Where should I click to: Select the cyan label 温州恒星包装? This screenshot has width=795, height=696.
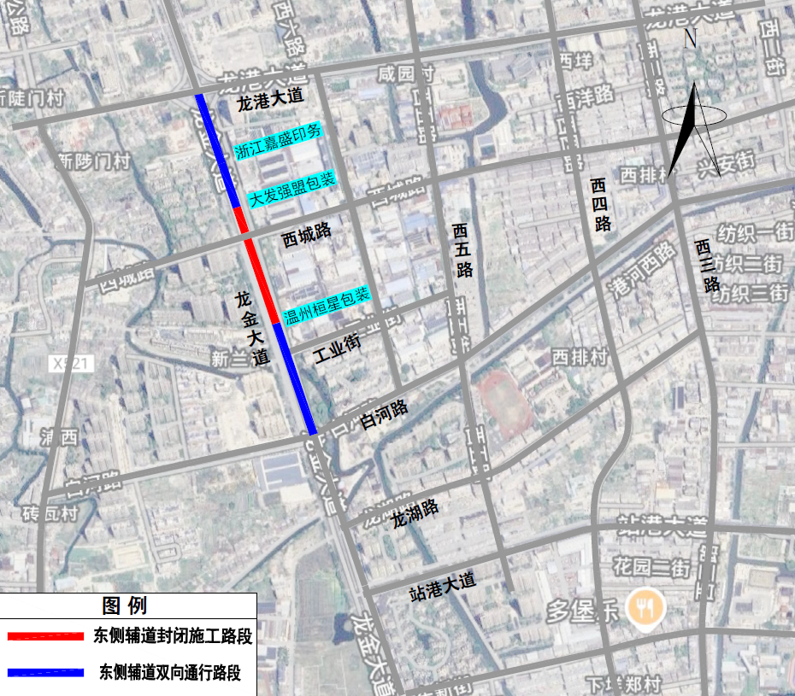pyautogui.click(x=327, y=301)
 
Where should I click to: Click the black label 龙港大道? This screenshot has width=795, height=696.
pyautogui.click(x=269, y=100)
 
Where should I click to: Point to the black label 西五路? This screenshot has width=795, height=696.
pyautogui.click(x=463, y=250)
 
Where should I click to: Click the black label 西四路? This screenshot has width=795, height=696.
pyautogui.click(x=601, y=205)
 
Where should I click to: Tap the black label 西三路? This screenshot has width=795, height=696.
pyautogui.click(x=708, y=266)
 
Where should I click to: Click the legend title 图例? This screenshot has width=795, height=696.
pyautogui.click(x=125, y=606)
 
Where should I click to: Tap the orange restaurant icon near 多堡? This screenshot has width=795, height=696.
pyautogui.click(x=643, y=607)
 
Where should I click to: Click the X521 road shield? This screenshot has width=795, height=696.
pyautogui.click(x=71, y=364)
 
